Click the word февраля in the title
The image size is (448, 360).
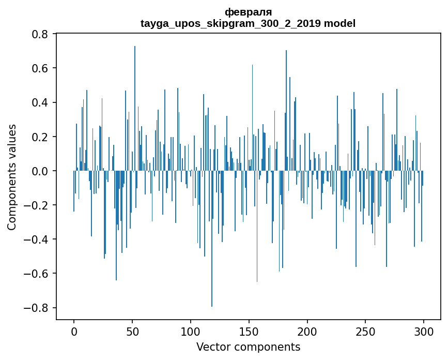click(248, 12)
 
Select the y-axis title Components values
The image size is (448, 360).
click(12, 177)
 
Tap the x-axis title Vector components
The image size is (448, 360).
click(248, 347)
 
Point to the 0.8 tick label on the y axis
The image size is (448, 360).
click(40, 34)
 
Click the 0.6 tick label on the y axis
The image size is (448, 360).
click(40, 68)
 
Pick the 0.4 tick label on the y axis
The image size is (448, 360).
click(40, 102)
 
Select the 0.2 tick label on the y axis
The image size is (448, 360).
click(40, 137)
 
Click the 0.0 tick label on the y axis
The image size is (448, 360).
click(40, 171)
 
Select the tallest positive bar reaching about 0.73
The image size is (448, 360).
click(135, 103)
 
